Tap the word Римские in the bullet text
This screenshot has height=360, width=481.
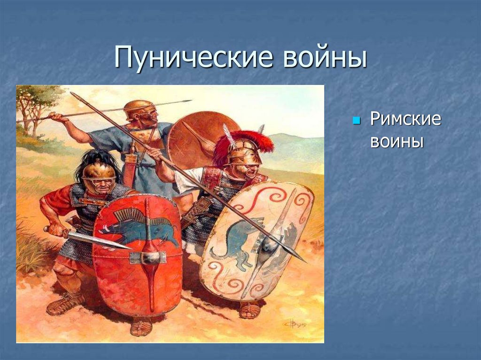click(x=405, y=119)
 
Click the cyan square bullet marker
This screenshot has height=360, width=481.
click(x=356, y=121)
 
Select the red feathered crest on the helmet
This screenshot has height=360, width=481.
click(x=247, y=141)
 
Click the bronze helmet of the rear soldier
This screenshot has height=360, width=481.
click(x=138, y=107)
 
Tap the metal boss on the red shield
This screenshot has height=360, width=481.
click(x=149, y=257)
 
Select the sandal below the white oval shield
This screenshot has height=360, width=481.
click(x=249, y=310)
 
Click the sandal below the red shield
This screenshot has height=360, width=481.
click(x=141, y=326)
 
